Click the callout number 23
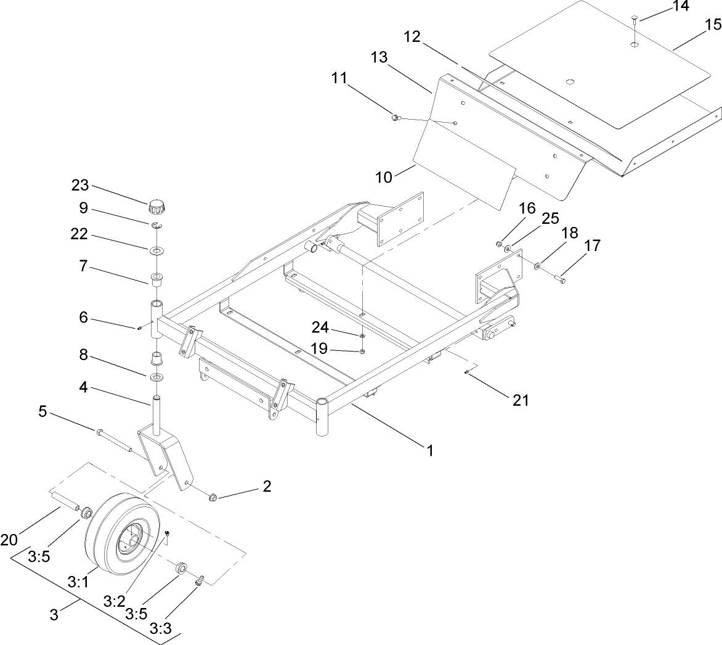(80, 186)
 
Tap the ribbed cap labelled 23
(158, 203)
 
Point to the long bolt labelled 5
(114, 440)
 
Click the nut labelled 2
(211, 496)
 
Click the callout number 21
(521, 400)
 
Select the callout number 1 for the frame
(430, 451)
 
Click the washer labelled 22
(158, 251)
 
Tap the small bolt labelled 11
(395, 116)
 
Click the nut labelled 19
(363, 351)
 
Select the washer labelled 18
(538, 265)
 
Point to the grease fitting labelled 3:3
(200, 580)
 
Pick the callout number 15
(712, 25)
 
